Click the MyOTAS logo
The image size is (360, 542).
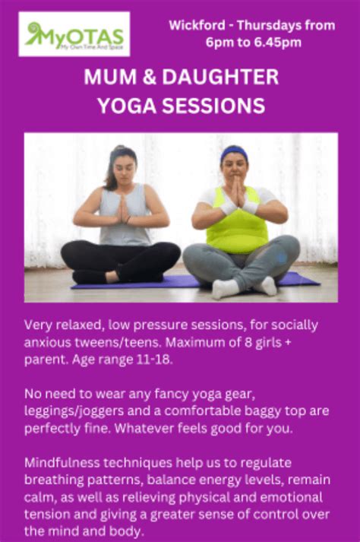[74, 34]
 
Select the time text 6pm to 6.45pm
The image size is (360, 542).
[253, 43]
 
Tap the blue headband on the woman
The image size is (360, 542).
[235, 152]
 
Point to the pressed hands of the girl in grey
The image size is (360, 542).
[123, 208]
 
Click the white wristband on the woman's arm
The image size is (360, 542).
[251, 207]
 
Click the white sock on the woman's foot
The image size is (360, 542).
[226, 288]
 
